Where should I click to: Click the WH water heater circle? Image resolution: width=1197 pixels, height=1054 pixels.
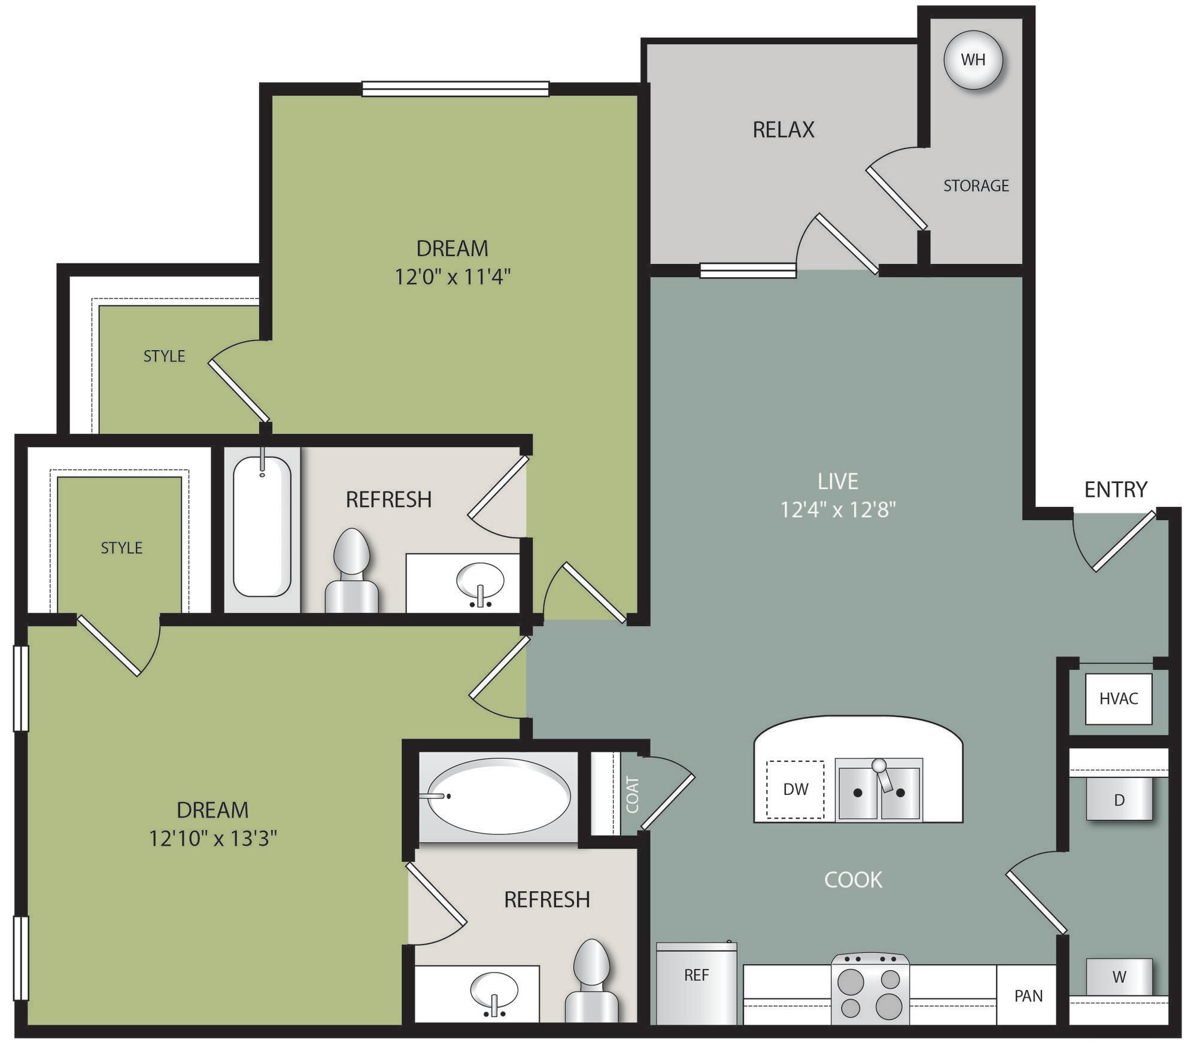pyautogui.click(x=973, y=60)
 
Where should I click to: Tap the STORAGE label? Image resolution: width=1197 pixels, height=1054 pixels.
pyautogui.click(x=976, y=186)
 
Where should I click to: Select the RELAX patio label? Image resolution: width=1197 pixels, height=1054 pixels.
pyautogui.click(x=783, y=130)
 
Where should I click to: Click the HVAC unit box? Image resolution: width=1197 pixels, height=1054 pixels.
pyautogui.click(x=1118, y=698)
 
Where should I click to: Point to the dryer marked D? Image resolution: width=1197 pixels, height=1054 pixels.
pyautogui.click(x=1119, y=800)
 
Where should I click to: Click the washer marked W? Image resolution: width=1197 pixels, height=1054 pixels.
pyautogui.click(x=1119, y=977)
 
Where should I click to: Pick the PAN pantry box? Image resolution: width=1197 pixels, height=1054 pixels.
pyautogui.click(x=1028, y=995)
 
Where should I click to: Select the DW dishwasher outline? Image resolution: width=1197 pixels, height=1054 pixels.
pyautogui.click(x=795, y=789)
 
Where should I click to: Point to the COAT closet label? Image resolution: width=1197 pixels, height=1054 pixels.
pyautogui.click(x=632, y=795)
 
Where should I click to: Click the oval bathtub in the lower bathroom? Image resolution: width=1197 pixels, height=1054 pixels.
pyautogui.click(x=499, y=796)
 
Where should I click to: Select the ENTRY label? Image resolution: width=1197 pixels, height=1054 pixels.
pyautogui.click(x=1115, y=490)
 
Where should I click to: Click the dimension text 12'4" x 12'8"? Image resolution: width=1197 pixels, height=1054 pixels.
pyautogui.click(x=837, y=510)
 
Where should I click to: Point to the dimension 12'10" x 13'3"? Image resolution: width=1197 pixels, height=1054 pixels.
pyautogui.click(x=212, y=839)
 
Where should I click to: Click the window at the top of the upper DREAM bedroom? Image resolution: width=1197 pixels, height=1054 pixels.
pyautogui.click(x=455, y=89)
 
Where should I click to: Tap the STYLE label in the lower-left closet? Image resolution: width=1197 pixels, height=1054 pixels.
pyautogui.click(x=121, y=548)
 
